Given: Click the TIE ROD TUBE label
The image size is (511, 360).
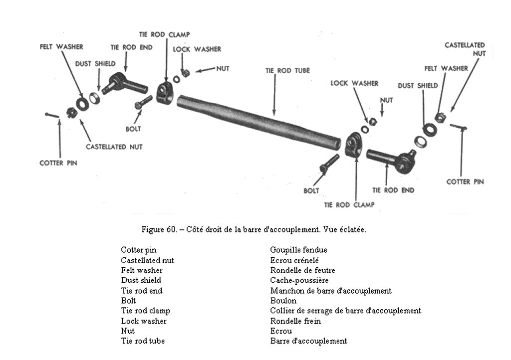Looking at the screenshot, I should [287, 71].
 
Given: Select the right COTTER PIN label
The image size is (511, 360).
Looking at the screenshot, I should [465, 182].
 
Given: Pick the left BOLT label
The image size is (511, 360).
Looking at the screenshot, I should [133, 129].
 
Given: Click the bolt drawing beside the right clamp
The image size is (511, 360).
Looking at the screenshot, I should [328, 165].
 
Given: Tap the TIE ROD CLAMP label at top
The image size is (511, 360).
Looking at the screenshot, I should [164, 35].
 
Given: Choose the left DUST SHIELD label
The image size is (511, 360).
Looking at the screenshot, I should [95, 64].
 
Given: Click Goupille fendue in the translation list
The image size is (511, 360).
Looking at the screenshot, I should [298, 250].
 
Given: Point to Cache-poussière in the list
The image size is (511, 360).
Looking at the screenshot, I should [299, 281].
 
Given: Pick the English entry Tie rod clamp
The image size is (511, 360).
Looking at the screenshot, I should [145, 311].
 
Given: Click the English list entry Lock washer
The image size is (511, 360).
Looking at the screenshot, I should [144, 321].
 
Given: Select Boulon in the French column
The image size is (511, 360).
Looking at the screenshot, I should [283, 301].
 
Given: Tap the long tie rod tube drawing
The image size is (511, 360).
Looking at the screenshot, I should [259, 121].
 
